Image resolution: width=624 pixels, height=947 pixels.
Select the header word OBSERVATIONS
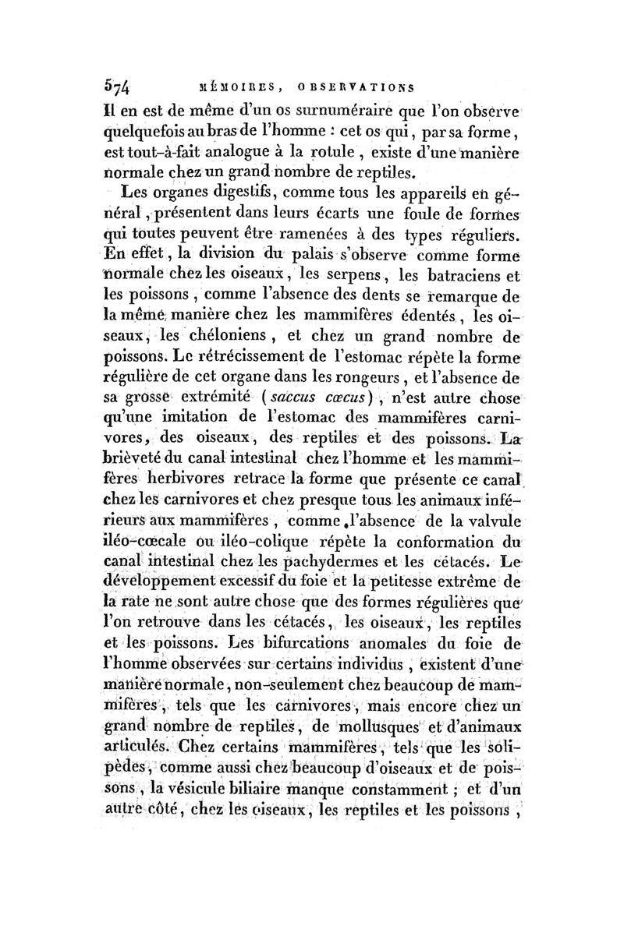point(356,87)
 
